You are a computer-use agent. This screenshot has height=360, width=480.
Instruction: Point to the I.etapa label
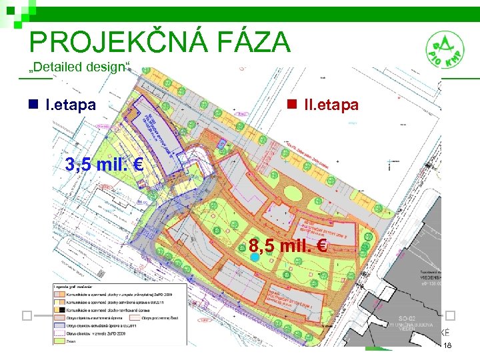[x=70, y=105]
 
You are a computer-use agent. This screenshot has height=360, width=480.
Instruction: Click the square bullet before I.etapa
[x=33, y=105]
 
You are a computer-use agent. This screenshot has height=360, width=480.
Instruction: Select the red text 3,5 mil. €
[x=105, y=165]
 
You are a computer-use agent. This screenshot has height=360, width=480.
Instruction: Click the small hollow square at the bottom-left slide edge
[x=26, y=315]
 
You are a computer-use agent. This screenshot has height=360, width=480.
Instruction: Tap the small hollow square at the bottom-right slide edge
[x=451, y=315]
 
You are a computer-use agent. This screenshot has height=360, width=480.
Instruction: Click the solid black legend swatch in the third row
[x=61, y=309]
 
